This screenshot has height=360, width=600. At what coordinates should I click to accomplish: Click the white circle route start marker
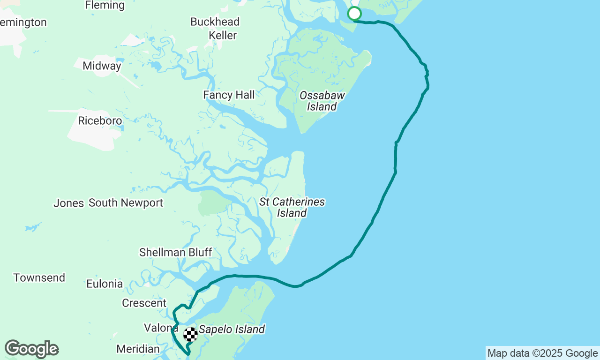click(x=354, y=14)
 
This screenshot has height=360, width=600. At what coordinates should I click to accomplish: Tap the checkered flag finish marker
click(x=191, y=334)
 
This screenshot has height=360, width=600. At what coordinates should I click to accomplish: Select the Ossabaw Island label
click(x=322, y=101)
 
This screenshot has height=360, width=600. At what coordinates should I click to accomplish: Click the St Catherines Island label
click(x=292, y=207)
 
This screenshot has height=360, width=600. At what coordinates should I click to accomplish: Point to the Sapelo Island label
click(x=232, y=330)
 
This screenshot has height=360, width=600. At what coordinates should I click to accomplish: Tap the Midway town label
click(x=102, y=66)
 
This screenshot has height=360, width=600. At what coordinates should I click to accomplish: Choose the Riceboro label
click(x=100, y=120)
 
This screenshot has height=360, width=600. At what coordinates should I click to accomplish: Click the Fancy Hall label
click(x=229, y=95)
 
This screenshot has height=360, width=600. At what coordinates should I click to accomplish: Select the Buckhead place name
click(x=215, y=22)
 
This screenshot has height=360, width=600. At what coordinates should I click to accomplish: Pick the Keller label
click(x=223, y=35)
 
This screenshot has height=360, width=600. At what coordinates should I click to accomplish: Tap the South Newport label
click(x=126, y=202)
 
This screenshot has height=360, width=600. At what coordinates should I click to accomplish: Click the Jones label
click(x=68, y=203)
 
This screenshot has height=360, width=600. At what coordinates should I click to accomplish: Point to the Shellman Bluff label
click(x=175, y=252)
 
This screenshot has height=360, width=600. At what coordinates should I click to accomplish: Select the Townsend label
click(x=39, y=277)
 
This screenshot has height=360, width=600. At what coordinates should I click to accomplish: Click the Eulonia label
click(x=105, y=284)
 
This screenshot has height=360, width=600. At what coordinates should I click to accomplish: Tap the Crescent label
click(x=144, y=303)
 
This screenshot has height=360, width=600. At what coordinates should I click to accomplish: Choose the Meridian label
click(x=138, y=349)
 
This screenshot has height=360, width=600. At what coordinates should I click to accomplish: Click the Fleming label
click(x=105, y=6)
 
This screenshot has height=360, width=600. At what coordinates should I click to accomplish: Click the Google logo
click(x=32, y=349)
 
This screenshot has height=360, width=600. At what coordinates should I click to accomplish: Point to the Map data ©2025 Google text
click(x=542, y=353)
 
